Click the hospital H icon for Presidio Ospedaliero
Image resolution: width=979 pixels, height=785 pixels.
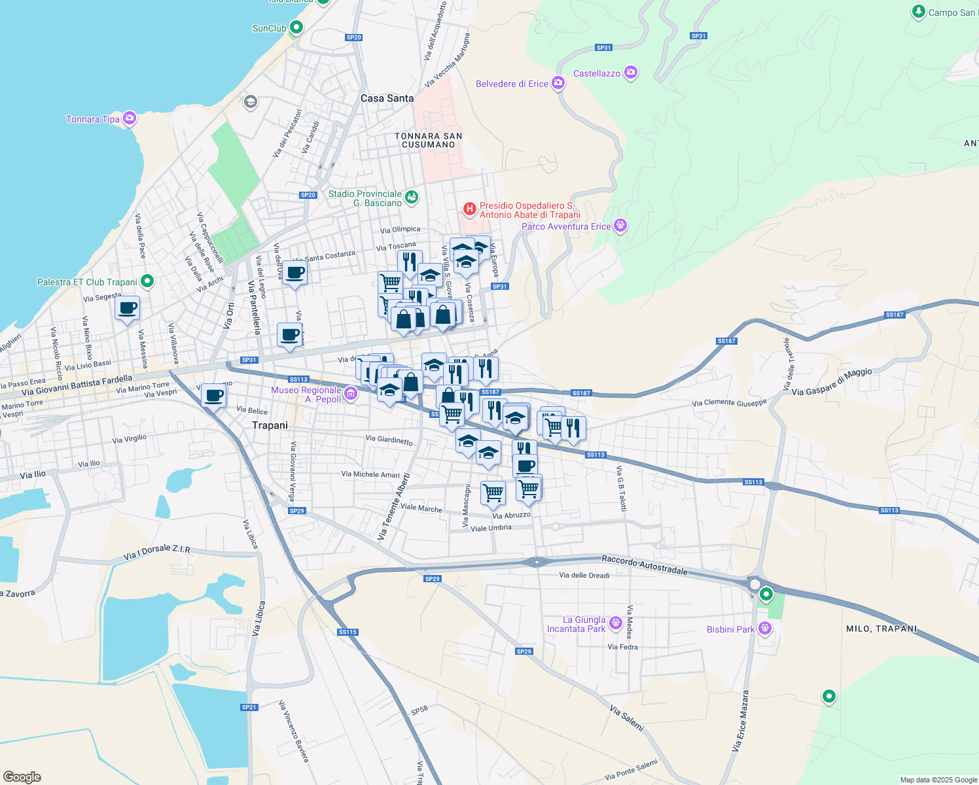pyautogui.click(x=469, y=209)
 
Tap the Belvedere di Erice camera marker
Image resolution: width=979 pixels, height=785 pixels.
pyautogui.click(x=558, y=82)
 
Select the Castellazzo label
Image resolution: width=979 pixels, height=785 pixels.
pyautogui.click(x=596, y=73)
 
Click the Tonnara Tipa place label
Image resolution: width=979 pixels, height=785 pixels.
pyautogui.click(x=93, y=119)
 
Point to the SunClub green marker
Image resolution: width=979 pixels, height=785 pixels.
pyautogui.click(x=296, y=27)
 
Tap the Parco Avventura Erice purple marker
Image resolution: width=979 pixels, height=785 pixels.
pyautogui.click(x=620, y=226)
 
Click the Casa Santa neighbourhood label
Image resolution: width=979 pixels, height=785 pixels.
pyautogui.click(x=387, y=98)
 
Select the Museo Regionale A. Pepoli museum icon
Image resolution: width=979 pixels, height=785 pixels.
pyautogui.click(x=351, y=393)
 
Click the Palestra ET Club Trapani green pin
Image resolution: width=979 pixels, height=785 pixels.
pyautogui.click(x=147, y=281)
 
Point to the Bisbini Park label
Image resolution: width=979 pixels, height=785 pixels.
pyautogui.click(x=730, y=629)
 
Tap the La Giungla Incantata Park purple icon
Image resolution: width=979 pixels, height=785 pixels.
pyautogui.click(x=615, y=623)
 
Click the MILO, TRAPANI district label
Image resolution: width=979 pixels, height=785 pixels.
pyautogui.click(x=881, y=629)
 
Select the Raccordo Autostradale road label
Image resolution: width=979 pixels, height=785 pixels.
pyautogui.click(x=645, y=565)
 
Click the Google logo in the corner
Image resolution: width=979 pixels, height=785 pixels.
pyautogui.click(x=22, y=777)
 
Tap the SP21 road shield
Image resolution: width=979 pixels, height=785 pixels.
pyautogui.click(x=249, y=707)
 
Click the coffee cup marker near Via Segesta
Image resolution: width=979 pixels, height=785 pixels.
pyautogui.click(x=127, y=308)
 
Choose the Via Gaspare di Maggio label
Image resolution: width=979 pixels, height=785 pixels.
pyautogui.click(x=832, y=383)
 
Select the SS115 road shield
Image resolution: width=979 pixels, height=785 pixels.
pyautogui.click(x=347, y=632)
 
